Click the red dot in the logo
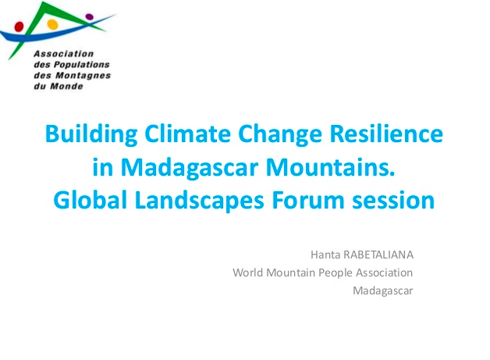[19, 27]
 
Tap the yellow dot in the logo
[52, 24]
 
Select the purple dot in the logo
[90, 16]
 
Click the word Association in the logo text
[64, 54]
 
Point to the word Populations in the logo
[82, 65]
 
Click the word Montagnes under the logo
[83, 76]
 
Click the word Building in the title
[91, 134]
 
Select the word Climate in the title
[187, 134]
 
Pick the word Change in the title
[280, 134]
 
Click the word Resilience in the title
[386, 134]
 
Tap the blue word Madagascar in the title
[189, 168]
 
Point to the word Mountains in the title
[330, 167]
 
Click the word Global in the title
[91, 200]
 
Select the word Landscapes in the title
[200, 201]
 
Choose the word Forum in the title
[308, 200]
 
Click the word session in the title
[393, 201]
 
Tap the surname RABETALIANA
[378, 255]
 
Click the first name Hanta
[325, 255]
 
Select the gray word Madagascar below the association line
[383, 290]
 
